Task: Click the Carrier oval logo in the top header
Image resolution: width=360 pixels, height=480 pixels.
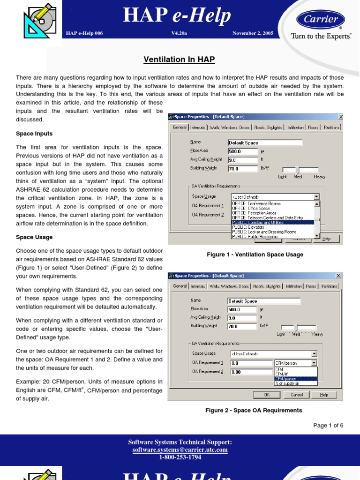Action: coord(321,20)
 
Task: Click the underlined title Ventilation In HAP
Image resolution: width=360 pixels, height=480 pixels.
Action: coord(180,60)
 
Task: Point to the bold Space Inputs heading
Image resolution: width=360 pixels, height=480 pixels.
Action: coord(34,134)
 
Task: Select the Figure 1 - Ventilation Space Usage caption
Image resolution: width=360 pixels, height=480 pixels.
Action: coord(255,255)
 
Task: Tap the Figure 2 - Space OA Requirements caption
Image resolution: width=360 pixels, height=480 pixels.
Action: coord(254,410)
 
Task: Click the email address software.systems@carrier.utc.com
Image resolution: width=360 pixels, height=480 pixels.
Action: coord(180,450)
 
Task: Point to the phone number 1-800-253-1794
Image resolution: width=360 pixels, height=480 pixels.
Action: coord(180,457)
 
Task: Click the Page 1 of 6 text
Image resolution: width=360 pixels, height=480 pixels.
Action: coord(328,426)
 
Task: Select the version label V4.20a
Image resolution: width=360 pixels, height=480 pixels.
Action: coord(180,33)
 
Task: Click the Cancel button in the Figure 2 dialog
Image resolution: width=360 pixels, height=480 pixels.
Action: coord(297,395)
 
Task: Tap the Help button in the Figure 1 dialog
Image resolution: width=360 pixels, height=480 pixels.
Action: coord(327,239)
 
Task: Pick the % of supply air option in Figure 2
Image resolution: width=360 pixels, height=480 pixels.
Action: coord(295,383)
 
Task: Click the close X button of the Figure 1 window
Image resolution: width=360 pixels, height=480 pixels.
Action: coord(340,117)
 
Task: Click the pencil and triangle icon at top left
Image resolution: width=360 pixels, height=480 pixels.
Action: coord(40,20)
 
